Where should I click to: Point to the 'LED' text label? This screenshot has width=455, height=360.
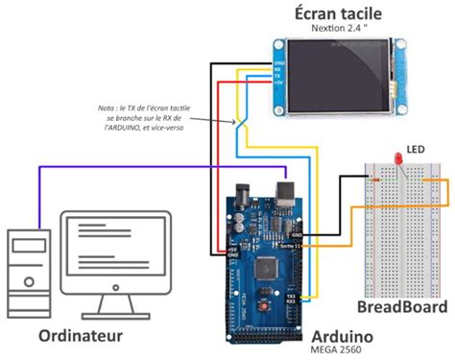click(x=415, y=150)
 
